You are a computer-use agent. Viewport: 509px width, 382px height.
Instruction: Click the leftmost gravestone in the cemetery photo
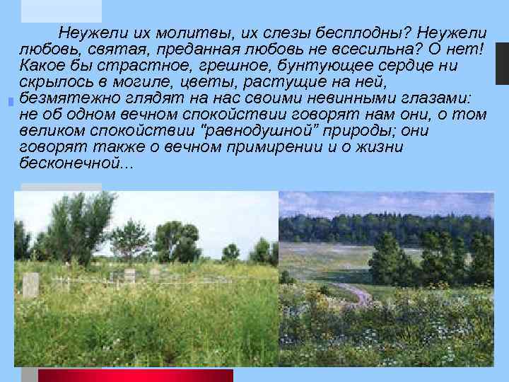tap(30, 285)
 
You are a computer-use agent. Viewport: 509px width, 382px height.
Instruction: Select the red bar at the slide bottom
tap(134, 375)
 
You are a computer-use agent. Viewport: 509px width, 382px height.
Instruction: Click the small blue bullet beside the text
tap(9, 103)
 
